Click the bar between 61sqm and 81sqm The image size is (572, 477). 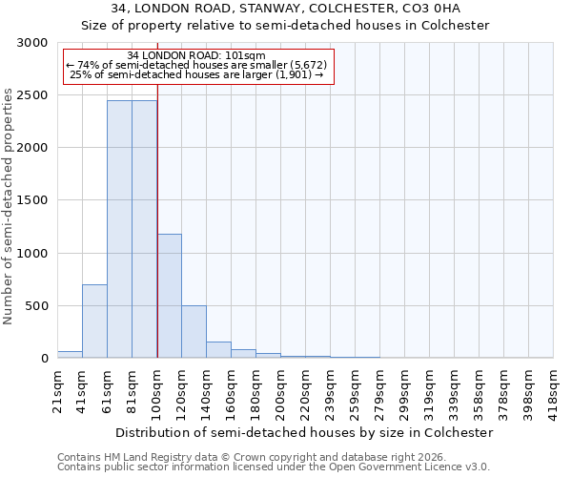click(119, 229)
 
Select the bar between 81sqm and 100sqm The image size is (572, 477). click(144, 229)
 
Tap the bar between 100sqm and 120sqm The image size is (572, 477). click(169, 296)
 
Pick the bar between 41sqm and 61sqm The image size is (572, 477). click(94, 321)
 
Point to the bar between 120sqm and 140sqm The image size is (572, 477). click(194, 331)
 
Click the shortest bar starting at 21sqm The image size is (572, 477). click(70, 354)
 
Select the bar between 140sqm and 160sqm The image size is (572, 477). click(218, 349)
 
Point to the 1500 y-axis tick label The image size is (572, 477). click(32, 201)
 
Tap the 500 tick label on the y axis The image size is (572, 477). click(36, 306)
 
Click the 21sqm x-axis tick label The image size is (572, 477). click(57, 388)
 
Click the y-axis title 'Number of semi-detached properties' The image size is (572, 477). click(9, 206)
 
